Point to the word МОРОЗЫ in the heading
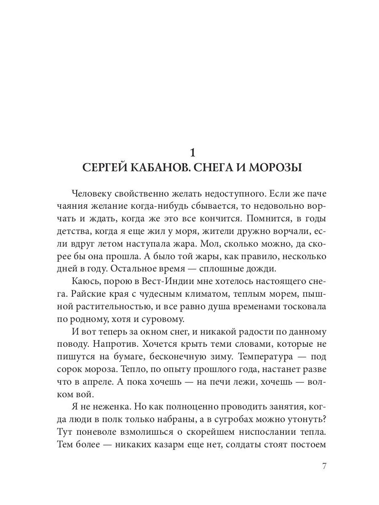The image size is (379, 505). tap(280, 167)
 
